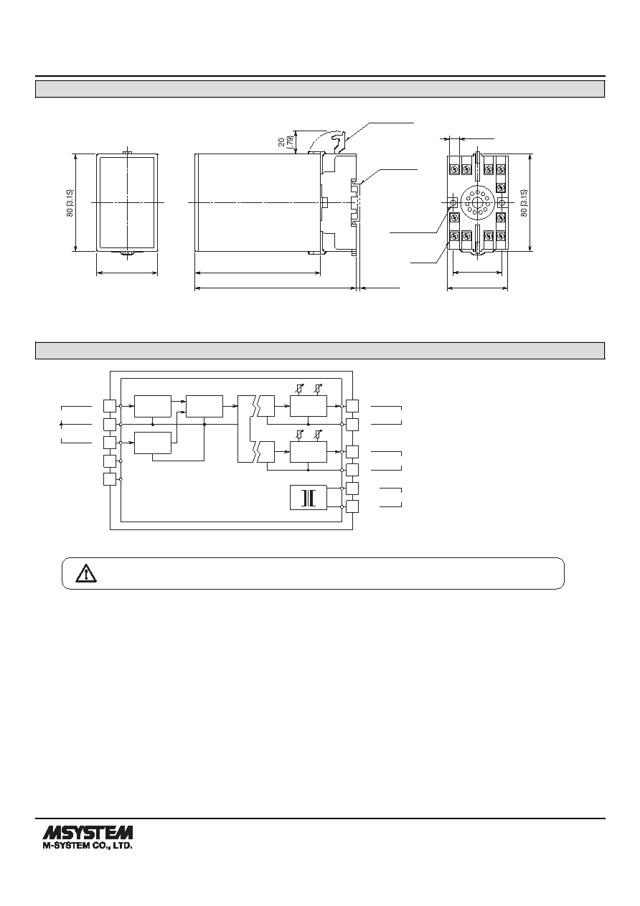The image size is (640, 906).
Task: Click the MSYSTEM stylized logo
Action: [x=88, y=831]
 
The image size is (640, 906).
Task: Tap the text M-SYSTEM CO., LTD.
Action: [x=88, y=845]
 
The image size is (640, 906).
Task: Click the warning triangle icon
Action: [x=86, y=574]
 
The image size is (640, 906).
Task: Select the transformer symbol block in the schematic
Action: [x=309, y=497]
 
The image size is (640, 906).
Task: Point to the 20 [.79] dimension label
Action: [x=286, y=141]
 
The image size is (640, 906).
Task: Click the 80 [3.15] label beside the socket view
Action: [x=524, y=204]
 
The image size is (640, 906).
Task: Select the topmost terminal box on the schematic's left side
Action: [x=110, y=406]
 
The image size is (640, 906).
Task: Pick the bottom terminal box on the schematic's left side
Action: [x=110, y=479]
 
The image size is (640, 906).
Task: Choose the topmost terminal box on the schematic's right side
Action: [x=352, y=406]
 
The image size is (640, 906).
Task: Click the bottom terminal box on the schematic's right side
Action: [x=352, y=506]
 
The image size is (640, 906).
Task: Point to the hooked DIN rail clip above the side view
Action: [x=338, y=142]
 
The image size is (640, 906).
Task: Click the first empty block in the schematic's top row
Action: [x=153, y=406]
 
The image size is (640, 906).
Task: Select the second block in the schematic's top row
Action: [x=204, y=406]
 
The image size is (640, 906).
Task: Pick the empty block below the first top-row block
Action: [x=153, y=443]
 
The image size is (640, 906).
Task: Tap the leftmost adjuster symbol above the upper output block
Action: [x=300, y=388]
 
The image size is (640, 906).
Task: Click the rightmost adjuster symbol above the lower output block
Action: [x=319, y=435]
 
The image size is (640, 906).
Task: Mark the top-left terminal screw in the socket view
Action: [x=454, y=168]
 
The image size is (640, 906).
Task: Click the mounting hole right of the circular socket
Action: [x=502, y=202]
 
